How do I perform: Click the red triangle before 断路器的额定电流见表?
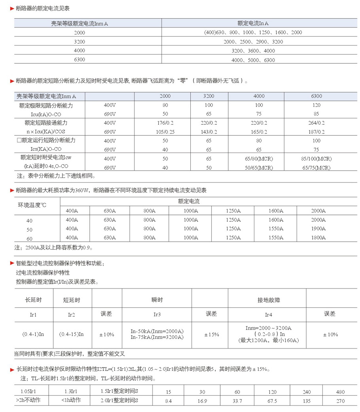12,8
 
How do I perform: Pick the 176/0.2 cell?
165,123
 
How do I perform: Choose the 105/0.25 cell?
165,132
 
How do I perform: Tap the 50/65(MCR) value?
258,167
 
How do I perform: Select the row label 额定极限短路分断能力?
46,105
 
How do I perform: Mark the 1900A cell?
318,229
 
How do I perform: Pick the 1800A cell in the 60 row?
318,238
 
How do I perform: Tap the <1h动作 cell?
71,400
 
